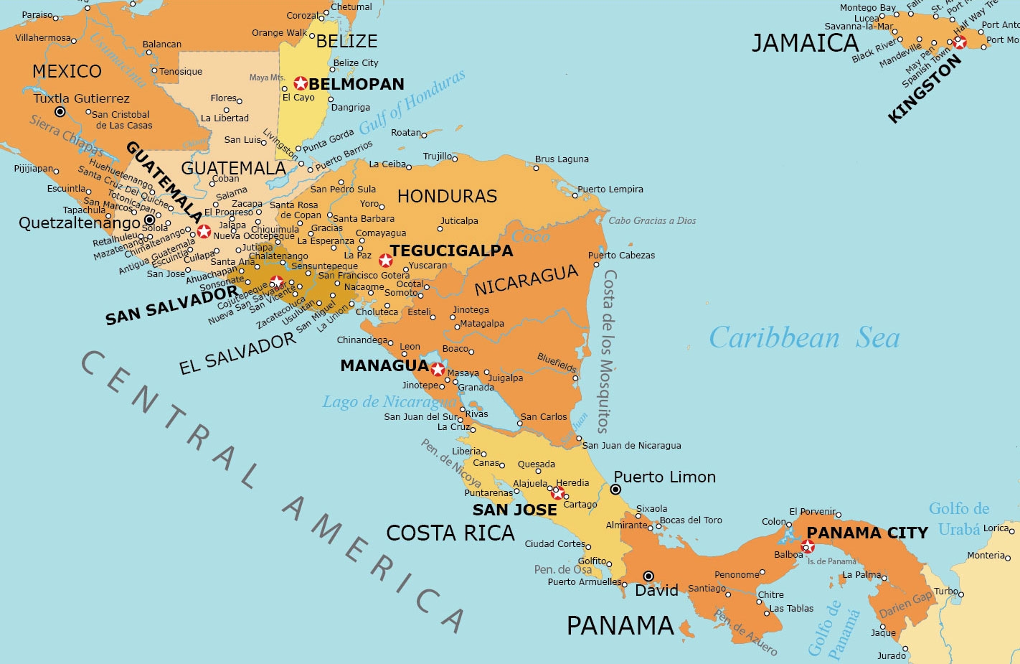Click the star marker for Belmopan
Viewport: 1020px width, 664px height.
pyautogui.click(x=301, y=83)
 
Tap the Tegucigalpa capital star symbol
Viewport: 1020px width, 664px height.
pyautogui.click(x=386, y=260)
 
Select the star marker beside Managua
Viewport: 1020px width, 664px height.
pyautogui.click(x=438, y=370)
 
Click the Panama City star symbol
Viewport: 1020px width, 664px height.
pyautogui.click(x=808, y=547)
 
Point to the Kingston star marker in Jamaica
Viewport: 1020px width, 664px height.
pyautogui.click(x=960, y=42)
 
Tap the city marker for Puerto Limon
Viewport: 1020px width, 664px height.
pyautogui.click(x=615, y=490)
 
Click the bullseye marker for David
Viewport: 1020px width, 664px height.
pyautogui.click(x=648, y=576)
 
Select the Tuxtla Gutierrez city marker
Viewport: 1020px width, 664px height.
pyautogui.click(x=60, y=112)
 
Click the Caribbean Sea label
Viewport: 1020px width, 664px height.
pyautogui.click(x=804, y=338)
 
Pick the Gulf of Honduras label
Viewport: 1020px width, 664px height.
pyautogui.click(x=412, y=102)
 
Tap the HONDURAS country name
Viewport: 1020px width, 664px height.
pyautogui.click(x=447, y=197)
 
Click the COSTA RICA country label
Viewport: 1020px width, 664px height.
pyautogui.click(x=450, y=533)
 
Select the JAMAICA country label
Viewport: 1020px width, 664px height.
pyautogui.click(x=805, y=44)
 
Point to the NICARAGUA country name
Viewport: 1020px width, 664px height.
pyautogui.click(x=526, y=280)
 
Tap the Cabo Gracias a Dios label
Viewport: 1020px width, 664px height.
pyautogui.click(x=652, y=220)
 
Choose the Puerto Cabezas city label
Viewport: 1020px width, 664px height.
pyautogui.click(x=621, y=255)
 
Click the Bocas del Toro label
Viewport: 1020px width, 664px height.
pyautogui.click(x=691, y=520)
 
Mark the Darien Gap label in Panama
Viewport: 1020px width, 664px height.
pyautogui.click(x=906, y=604)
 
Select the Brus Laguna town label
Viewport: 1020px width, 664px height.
pyautogui.click(x=562, y=159)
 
